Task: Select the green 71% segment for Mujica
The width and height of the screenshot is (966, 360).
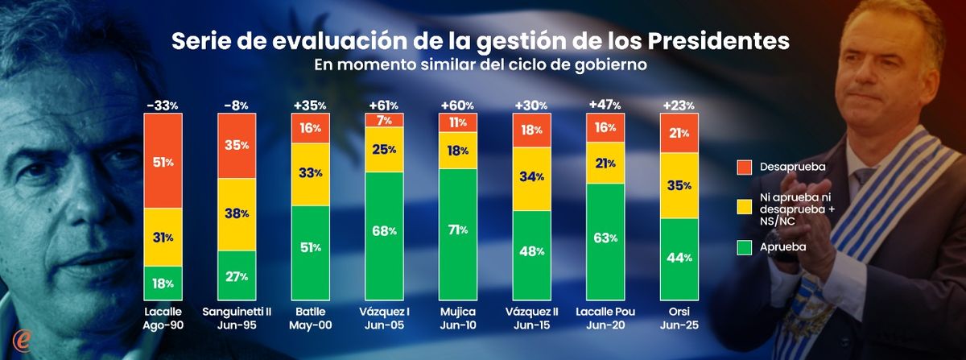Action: coord(458,229)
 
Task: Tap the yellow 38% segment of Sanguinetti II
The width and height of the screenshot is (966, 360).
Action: coord(237,213)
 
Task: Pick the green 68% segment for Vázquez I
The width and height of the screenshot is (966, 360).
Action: coord(384,231)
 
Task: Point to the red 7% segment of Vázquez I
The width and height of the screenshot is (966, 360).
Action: coord(384,120)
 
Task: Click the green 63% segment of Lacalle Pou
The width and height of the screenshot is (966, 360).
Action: coord(605,238)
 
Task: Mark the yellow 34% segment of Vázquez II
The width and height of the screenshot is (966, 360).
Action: coord(532,178)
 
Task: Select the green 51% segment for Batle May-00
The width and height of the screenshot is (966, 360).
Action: coord(311,246)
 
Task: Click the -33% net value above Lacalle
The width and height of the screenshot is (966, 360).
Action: coord(163,105)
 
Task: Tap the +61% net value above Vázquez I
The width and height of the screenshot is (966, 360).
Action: coord(384,105)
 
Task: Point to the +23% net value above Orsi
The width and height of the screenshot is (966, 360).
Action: coord(679,105)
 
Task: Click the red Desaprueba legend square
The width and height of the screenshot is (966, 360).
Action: coord(745,168)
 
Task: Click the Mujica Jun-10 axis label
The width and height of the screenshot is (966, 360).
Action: coord(458,319)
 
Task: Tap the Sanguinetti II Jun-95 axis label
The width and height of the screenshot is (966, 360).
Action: coord(237,319)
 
